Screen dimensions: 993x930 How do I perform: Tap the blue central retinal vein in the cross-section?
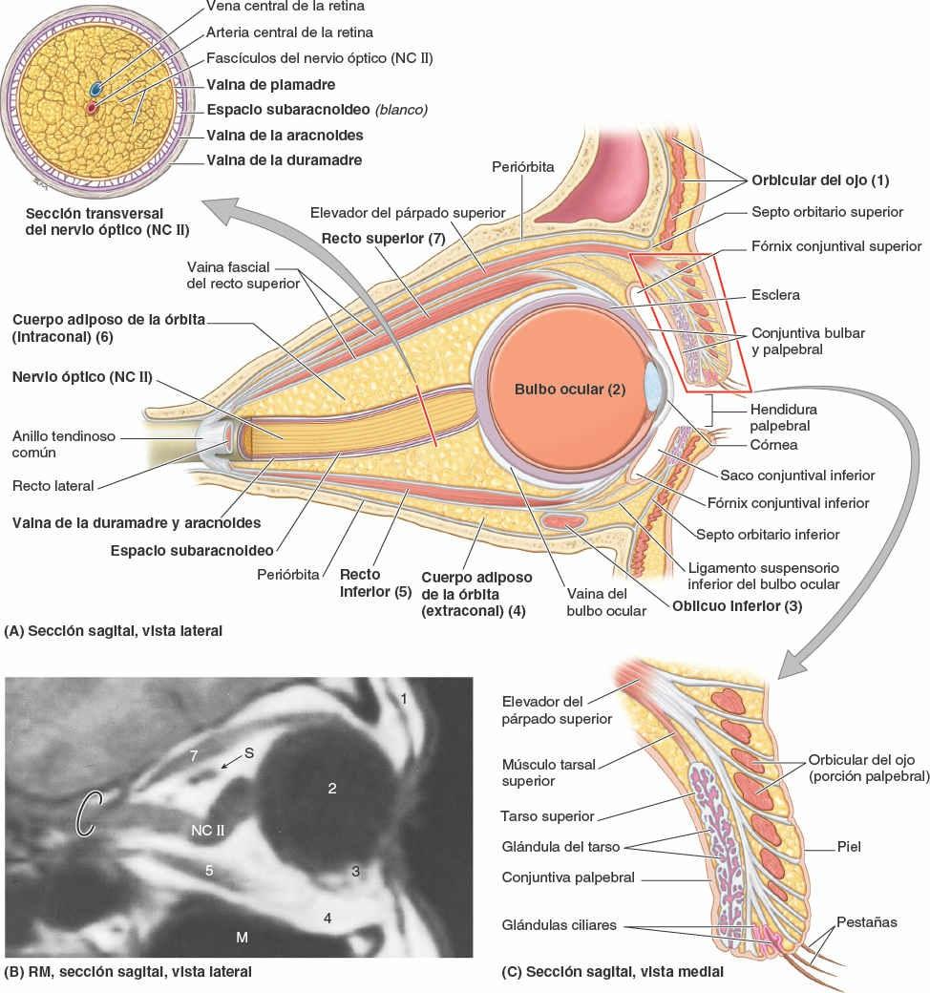coord(96,89)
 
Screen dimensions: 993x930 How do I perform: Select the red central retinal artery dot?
coord(92,107)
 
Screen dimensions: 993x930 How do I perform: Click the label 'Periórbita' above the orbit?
coord(523,166)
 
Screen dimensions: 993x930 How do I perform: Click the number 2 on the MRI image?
coord(332,788)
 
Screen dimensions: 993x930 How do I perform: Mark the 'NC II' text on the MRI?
coord(206,829)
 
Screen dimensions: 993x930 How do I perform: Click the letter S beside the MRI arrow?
coord(248,752)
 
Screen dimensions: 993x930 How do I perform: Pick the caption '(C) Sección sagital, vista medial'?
coord(611,973)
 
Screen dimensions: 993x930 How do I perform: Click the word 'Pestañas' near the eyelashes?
coord(866,922)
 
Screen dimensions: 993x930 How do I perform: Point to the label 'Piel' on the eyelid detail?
coord(848,846)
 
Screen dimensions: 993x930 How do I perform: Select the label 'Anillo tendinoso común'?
coord(63,444)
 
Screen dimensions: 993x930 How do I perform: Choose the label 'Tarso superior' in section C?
coord(547,816)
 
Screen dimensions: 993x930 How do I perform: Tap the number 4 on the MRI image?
coord(328,918)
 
